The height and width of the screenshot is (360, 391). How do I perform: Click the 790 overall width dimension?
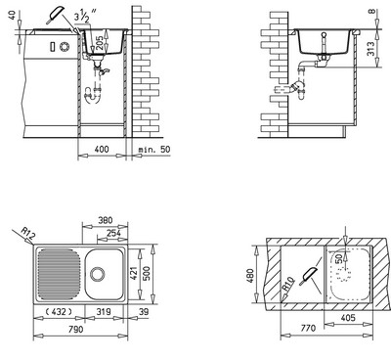click(74, 330)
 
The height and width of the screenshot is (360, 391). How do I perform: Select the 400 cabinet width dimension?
click(102, 149)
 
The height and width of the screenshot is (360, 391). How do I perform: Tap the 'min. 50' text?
click(154, 150)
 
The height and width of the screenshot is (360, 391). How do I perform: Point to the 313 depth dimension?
click(370, 49)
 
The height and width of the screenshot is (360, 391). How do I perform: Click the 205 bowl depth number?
click(100, 43)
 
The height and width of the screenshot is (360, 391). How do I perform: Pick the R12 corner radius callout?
click(27, 233)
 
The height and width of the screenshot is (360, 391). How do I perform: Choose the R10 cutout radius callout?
click(287, 284)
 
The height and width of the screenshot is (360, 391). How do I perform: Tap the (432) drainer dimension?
click(58, 312)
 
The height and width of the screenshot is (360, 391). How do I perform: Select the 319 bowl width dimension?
click(104, 312)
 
